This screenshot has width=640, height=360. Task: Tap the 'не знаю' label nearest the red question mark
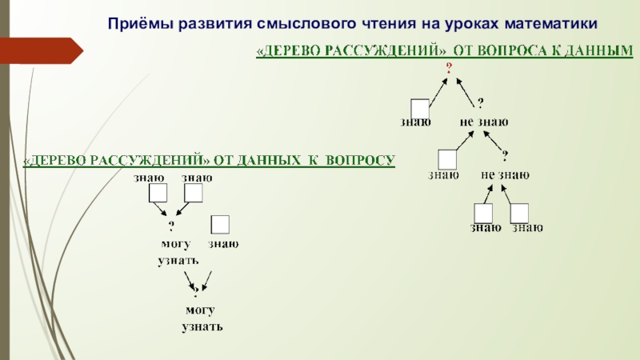click(484, 122)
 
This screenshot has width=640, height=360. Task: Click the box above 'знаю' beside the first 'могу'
click(220, 225)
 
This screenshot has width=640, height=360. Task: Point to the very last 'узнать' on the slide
click(202, 328)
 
